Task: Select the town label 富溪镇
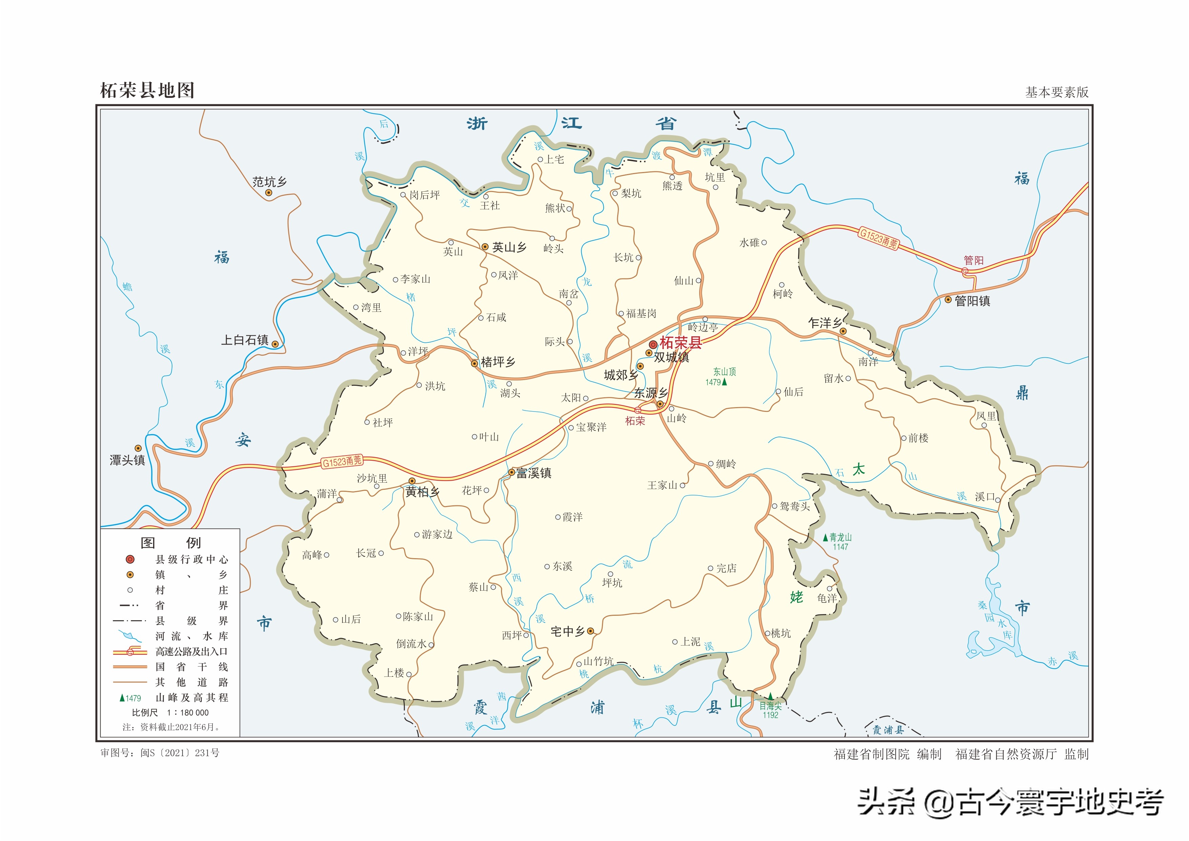pyautogui.click(x=534, y=473)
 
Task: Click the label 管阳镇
pyautogui.click(x=972, y=301)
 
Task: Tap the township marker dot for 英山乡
pyautogui.click(x=485, y=247)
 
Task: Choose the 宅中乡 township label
pyautogui.click(x=568, y=631)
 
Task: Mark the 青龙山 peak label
pyautogui.click(x=840, y=538)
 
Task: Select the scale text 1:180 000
pyautogui.click(x=187, y=713)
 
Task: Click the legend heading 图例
pyautogui.click(x=170, y=543)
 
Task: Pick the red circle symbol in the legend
pyautogui.click(x=130, y=559)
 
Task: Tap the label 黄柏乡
pyautogui.click(x=422, y=492)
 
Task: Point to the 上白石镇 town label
pyautogui.click(x=245, y=340)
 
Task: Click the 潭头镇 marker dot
pyautogui.click(x=138, y=448)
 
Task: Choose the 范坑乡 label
pyautogui.click(x=269, y=182)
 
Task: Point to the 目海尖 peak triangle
pyautogui.click(x=770, y=696)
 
